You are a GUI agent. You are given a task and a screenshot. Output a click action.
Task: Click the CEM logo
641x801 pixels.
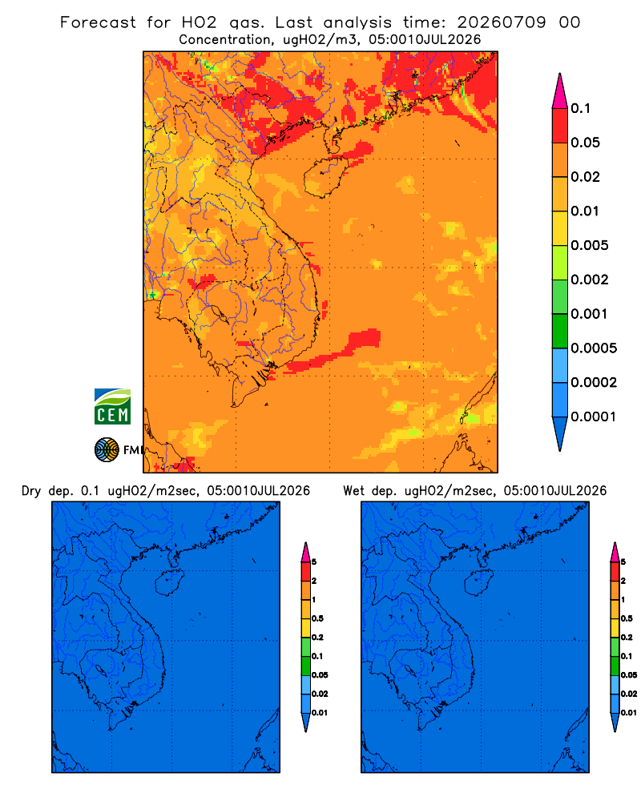pos(112,406)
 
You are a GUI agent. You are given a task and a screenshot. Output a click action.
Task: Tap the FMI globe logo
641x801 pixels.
pos(107,449)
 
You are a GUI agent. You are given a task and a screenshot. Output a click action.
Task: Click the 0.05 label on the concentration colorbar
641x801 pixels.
pos(585,143)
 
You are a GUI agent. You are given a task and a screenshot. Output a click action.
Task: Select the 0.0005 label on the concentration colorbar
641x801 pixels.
pos(594,348)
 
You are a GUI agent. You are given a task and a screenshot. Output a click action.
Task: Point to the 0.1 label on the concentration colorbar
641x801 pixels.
pos(581,108)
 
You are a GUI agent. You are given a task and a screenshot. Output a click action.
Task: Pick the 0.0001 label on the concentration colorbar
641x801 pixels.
pos(594,417)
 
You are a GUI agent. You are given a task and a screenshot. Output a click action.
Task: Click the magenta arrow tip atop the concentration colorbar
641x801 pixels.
pos(560,91)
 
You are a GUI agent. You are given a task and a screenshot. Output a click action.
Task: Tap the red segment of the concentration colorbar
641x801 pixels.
pos(560,126)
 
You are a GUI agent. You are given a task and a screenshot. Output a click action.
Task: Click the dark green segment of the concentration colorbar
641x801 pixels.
pos(560,331)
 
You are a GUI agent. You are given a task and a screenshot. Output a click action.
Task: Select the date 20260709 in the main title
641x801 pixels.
pos(502,22)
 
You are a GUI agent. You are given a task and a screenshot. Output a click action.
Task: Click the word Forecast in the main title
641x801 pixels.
pos(98,22)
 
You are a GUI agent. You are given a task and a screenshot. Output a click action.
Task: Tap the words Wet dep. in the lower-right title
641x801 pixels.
pos(369,491)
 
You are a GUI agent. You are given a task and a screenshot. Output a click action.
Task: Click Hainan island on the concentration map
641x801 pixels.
pos(326,176)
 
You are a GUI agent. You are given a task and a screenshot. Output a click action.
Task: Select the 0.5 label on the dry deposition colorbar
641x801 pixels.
pos(317,618)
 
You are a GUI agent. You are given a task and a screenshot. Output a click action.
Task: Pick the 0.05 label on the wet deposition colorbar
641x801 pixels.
pos(629,674)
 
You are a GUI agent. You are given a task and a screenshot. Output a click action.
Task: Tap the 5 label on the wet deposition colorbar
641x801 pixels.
pos(623,562)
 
